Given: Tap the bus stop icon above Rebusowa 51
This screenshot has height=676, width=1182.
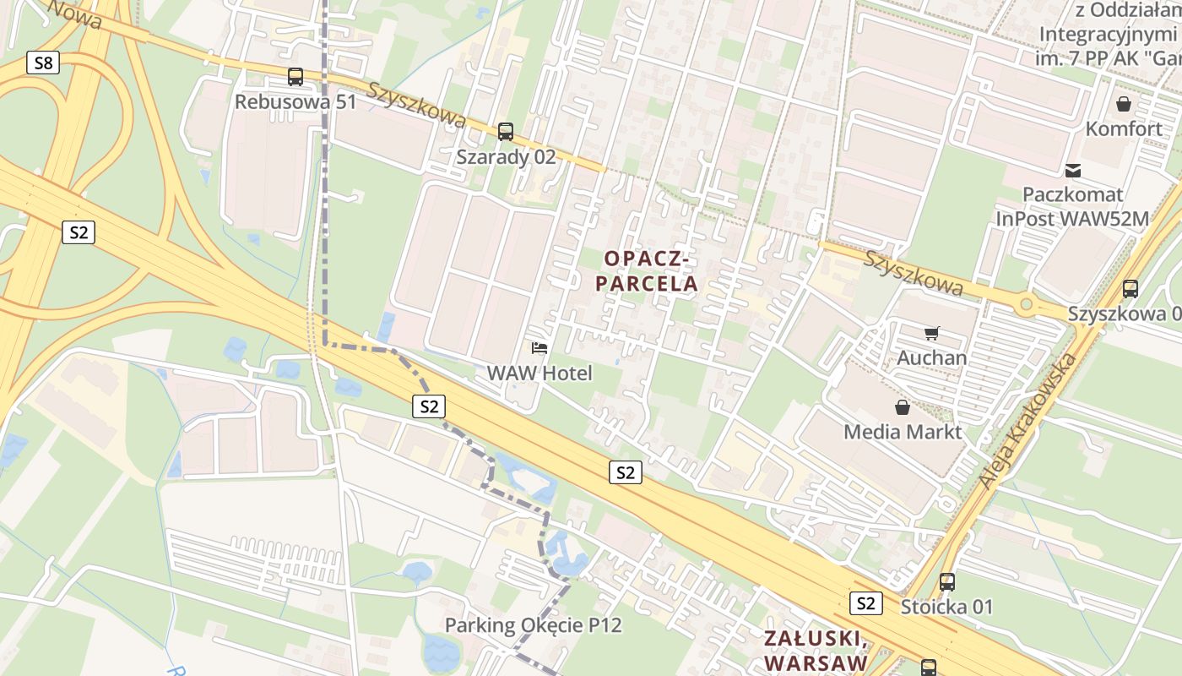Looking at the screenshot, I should tap(295, 77).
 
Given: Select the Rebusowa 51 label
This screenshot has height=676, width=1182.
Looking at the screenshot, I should tap(295, 102).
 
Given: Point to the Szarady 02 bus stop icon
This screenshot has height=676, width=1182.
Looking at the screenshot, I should tap(506, 132).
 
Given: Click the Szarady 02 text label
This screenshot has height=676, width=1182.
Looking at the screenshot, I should tap(506, 157).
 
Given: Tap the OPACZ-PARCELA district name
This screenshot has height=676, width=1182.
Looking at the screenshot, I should tap(648, 270).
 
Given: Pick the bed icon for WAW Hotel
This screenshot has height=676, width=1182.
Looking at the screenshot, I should tap(539, 348).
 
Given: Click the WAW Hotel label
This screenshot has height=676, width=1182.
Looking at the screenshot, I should tap(539, 373).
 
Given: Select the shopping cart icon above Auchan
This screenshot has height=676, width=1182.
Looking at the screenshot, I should tap(931, 333).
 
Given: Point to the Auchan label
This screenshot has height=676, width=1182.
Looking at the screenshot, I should tap(931, 357).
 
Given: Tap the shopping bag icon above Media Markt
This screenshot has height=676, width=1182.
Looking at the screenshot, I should tap(903, 407).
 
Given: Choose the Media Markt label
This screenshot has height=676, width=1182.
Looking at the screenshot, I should tap(903, 432).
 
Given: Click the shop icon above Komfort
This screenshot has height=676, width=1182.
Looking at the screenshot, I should tap(1124, 104).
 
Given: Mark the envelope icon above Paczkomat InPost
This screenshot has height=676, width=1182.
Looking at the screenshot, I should tap(1073, 170).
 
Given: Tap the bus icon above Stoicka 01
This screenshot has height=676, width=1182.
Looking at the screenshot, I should tap(947, 582).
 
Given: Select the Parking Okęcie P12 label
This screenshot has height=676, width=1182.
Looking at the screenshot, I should tap(534, 626).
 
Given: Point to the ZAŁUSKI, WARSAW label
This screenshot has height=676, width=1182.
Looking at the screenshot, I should tap(814, 650).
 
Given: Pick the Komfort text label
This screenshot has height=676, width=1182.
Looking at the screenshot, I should tap(1124, 129).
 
